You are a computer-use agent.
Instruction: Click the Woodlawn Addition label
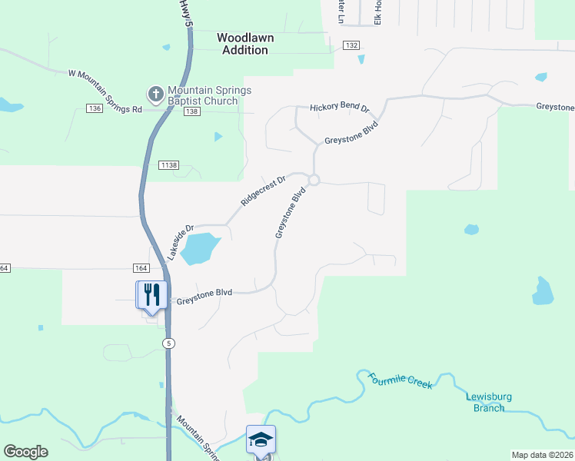(x=242, y=43)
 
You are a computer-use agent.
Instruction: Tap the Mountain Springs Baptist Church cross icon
(x=155, y=95)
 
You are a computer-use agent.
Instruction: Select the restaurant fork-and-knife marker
(x=151, y=294)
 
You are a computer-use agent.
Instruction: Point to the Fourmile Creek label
(x=400, y=380)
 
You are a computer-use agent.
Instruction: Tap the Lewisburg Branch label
(x=489, y=402)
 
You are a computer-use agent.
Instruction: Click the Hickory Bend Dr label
(x=339, y=108)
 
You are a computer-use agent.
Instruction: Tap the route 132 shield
(x=351, y=46)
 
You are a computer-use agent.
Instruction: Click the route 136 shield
(x=95, y=108)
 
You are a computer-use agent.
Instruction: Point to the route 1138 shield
(x=168, y=164)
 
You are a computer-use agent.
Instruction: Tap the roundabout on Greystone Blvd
(x=314, y=180)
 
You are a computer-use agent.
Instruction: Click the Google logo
(x=25, y=452)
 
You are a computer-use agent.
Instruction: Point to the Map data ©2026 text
(x=542, y=455)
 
